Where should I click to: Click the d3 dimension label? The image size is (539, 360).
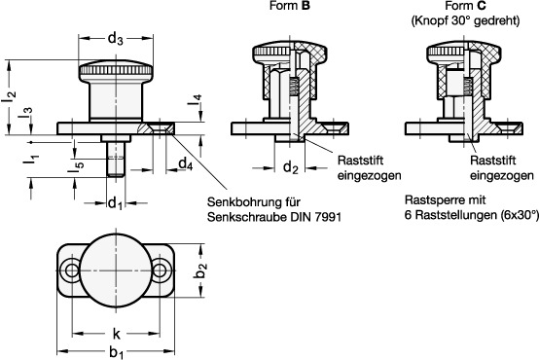click(115, 39)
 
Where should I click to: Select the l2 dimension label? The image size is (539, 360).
click(9, 94)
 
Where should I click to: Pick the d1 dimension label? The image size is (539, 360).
click(114, 202)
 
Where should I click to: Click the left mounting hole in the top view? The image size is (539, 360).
click(70, 269)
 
